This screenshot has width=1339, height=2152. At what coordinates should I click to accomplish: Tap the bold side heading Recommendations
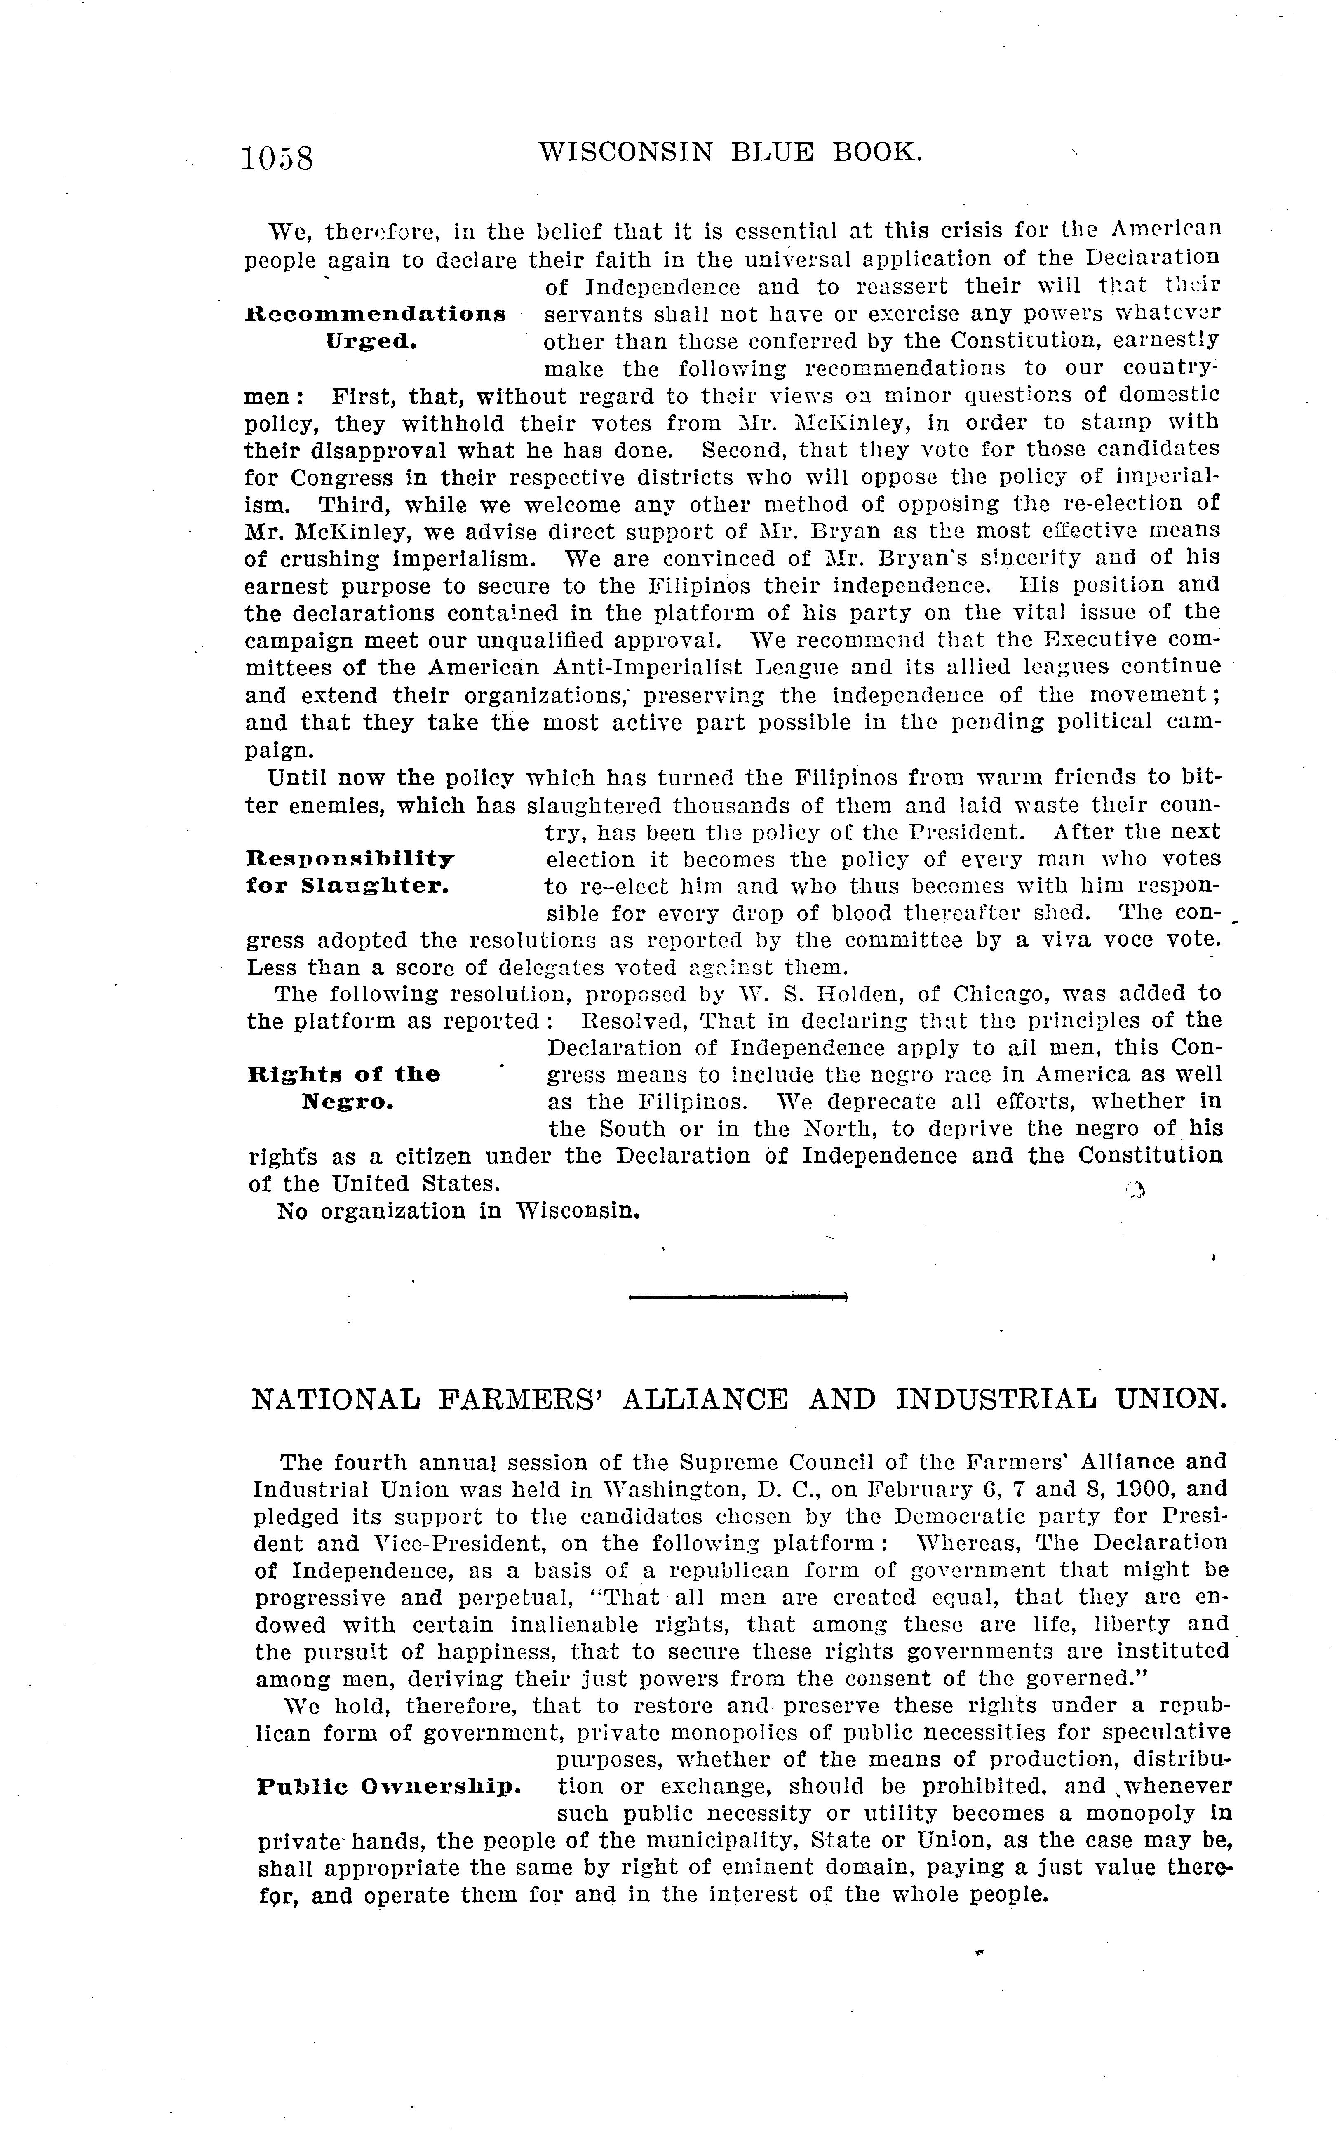click(x=376, y=315)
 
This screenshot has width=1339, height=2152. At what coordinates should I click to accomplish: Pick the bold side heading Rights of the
click(x=343, y=1075)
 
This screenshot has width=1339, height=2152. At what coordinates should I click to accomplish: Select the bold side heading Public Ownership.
click(x=389, y=1786)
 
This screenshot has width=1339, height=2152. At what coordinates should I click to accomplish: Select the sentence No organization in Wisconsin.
click(x=458, y=1211)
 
